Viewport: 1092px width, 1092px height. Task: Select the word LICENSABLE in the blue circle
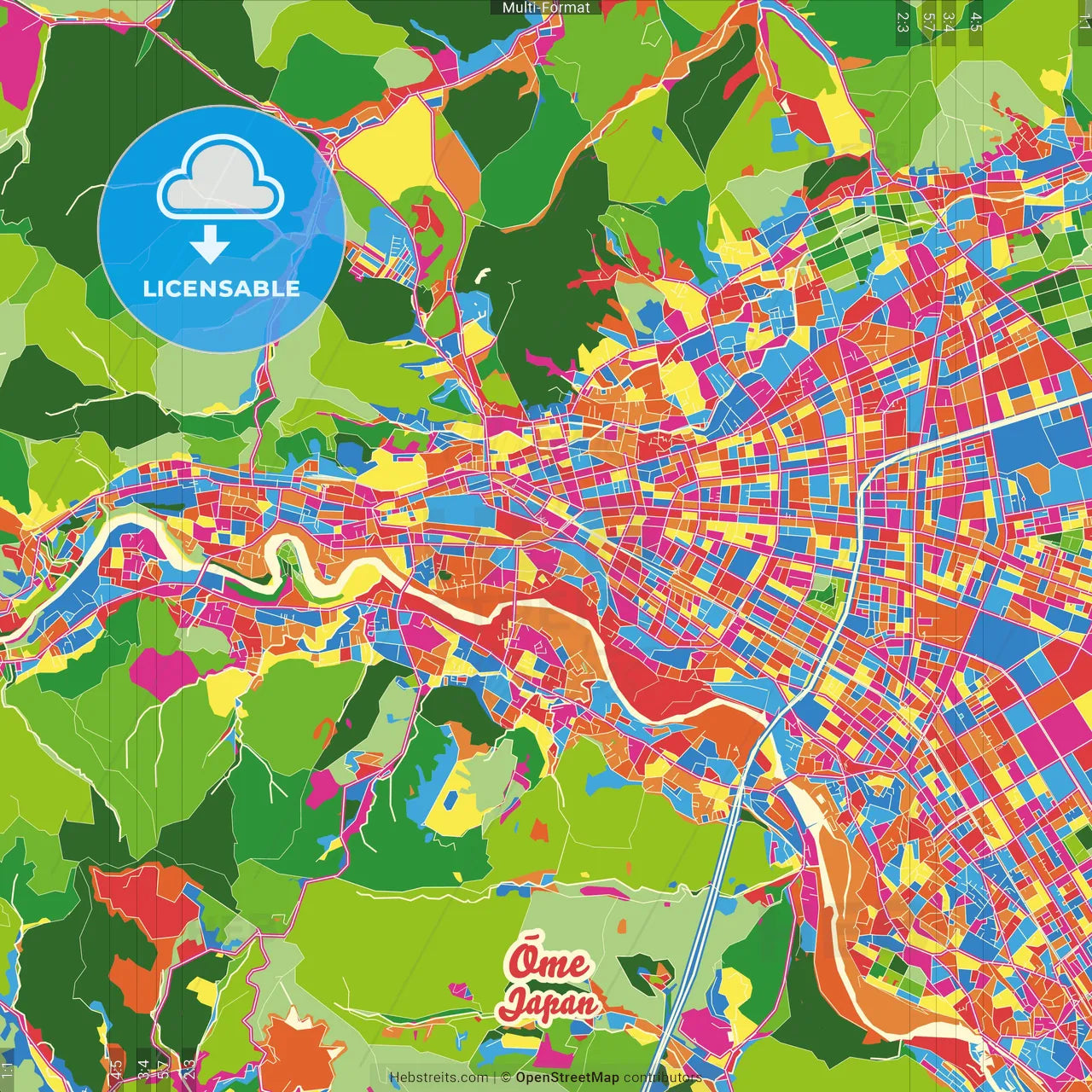221,288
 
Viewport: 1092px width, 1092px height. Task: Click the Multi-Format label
546,8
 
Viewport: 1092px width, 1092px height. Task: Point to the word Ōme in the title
549,962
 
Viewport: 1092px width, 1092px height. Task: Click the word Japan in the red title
549,1003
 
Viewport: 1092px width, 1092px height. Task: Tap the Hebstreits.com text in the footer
439,1077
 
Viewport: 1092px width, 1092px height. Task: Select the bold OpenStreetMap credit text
566,1077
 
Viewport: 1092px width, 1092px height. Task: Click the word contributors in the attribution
662,1077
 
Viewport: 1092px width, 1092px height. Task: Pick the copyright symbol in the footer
505,1077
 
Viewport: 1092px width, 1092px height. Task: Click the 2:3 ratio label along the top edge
903,21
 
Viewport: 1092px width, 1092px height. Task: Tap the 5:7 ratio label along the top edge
928,21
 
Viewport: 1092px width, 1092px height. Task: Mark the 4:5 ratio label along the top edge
976,21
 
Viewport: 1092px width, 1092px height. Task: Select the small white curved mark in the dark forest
484,275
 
